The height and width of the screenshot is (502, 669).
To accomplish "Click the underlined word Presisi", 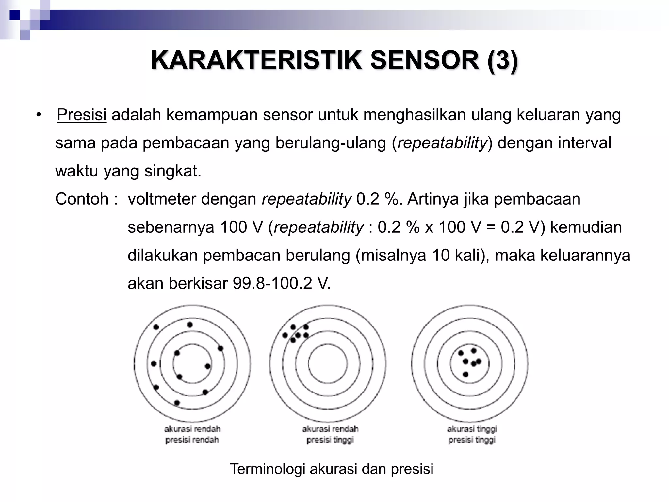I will [81, 115].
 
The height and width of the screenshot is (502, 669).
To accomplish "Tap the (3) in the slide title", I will [502, 60].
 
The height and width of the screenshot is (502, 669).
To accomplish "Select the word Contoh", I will [82, 199].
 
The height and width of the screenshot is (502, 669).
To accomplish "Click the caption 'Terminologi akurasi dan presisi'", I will [332, 469].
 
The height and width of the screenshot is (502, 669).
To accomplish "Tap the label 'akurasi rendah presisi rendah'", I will [192, 434].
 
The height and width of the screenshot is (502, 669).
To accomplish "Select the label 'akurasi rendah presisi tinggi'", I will [330, 434].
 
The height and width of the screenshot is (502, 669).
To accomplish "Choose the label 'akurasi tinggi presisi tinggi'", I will [472, 434].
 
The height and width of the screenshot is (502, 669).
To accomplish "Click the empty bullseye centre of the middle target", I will [328, 364].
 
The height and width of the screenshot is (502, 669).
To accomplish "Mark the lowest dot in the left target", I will [177, 403].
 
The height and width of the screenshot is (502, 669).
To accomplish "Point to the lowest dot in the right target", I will [466, 374].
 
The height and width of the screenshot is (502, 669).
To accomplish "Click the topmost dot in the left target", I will [190, 325].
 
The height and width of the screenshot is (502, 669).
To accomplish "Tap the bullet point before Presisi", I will [39, 115].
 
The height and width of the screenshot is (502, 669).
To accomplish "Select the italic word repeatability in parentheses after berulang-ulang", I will [442, 143].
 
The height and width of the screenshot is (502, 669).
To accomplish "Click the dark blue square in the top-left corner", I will [15, 15].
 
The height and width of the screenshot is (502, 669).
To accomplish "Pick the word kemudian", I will [586, 227].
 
